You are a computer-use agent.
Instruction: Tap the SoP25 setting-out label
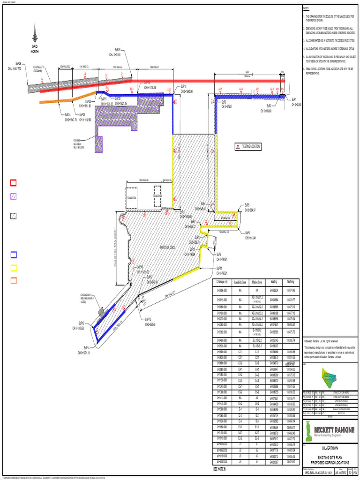pyautogui.click(x=118, y=49)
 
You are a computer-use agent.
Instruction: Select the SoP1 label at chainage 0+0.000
pyautogui.click(x=294, y=99)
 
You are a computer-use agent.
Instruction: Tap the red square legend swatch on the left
pyautogui.click(x=14, y=183)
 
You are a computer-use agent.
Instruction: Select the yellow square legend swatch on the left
pyautogui.click(x=14, y=268)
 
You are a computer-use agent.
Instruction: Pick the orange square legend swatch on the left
pyautogui.click(x=14, y=280)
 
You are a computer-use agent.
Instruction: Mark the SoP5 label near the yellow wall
pyautogui.click(x=247, y=205)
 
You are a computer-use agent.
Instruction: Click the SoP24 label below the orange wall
pyautogui.click(x=68, y=114)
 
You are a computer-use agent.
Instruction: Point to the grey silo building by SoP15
pyautogui.click(x=101, y=311)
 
